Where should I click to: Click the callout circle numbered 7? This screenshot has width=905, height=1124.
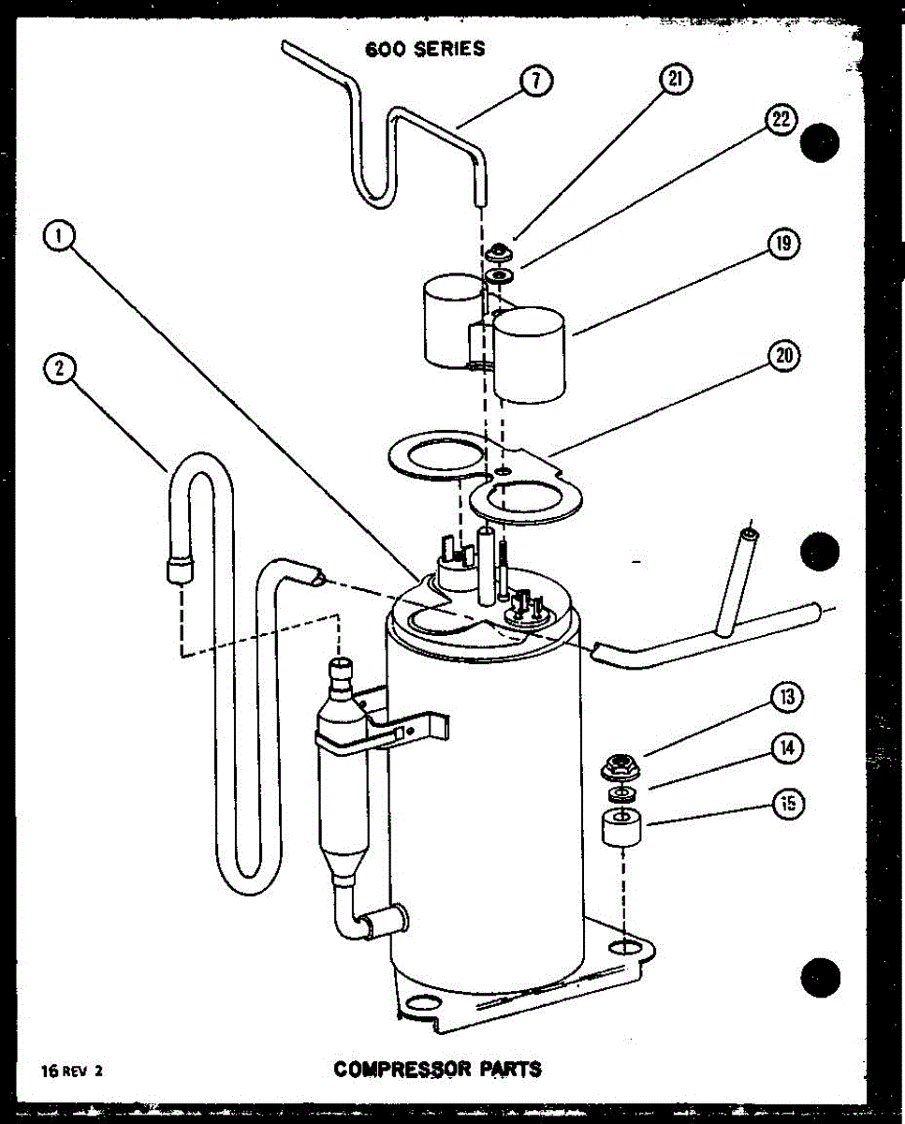coord(534,81)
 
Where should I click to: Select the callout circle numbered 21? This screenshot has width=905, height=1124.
coord(674,81)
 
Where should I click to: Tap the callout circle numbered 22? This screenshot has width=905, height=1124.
coord(780,119)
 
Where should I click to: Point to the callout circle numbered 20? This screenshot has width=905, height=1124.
coord(782,357)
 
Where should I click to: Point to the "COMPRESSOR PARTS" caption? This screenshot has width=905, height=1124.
coord(438,1068)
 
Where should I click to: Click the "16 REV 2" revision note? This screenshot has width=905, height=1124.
coord(71,1071)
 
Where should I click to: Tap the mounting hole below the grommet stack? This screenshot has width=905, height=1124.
coord(620,950)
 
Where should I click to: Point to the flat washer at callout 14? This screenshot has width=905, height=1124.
coord(620,795)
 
